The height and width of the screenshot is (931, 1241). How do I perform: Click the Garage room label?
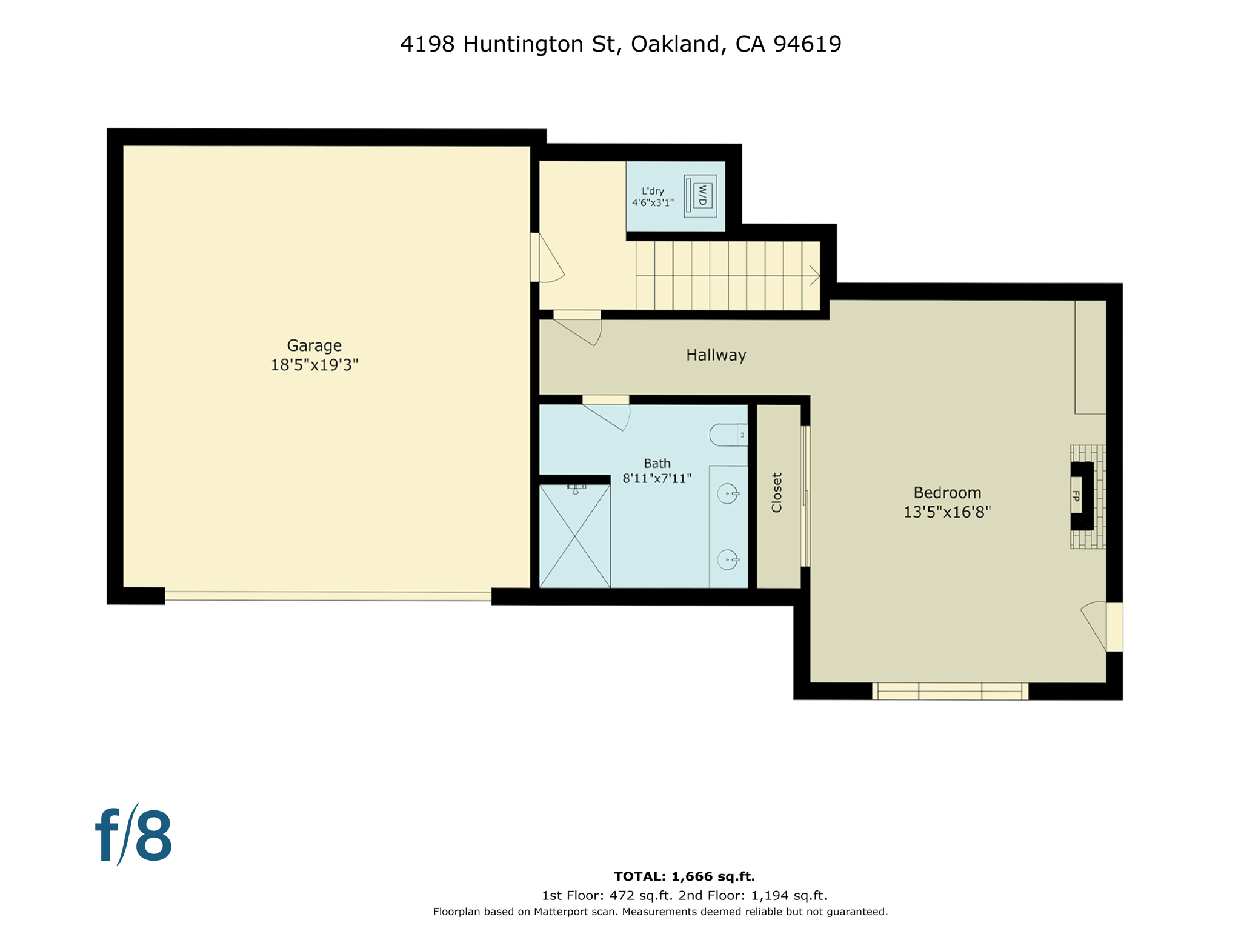point(314,345)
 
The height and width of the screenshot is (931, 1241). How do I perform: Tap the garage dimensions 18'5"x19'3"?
point(314,365)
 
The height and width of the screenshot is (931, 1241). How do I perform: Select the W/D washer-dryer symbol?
point(702,196)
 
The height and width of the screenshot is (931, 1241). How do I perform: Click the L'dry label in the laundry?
point(653,191)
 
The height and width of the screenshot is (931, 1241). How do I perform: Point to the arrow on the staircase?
point(814,276)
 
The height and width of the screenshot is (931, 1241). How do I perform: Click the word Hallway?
point(716,355)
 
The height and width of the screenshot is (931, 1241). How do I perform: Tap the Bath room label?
point(657,464)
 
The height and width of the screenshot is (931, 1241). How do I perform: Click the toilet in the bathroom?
point(728,435)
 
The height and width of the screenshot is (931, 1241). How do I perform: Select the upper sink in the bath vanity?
point(728,494)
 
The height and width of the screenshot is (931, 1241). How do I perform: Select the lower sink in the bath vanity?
point(728,559)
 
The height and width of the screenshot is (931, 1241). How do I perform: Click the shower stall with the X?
point(574,536)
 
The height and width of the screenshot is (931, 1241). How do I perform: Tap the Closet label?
point(777,493)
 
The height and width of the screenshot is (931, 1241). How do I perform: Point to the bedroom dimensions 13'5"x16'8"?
point(947,512)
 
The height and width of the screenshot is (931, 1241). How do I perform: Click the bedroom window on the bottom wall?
point(950,691)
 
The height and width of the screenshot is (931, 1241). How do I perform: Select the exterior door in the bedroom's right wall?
point(1113,627)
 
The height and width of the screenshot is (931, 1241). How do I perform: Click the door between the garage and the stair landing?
point(536,258)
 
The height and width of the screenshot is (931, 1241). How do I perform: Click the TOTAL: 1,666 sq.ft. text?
point(684,876)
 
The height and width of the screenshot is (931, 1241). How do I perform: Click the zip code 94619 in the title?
point(807,44)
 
